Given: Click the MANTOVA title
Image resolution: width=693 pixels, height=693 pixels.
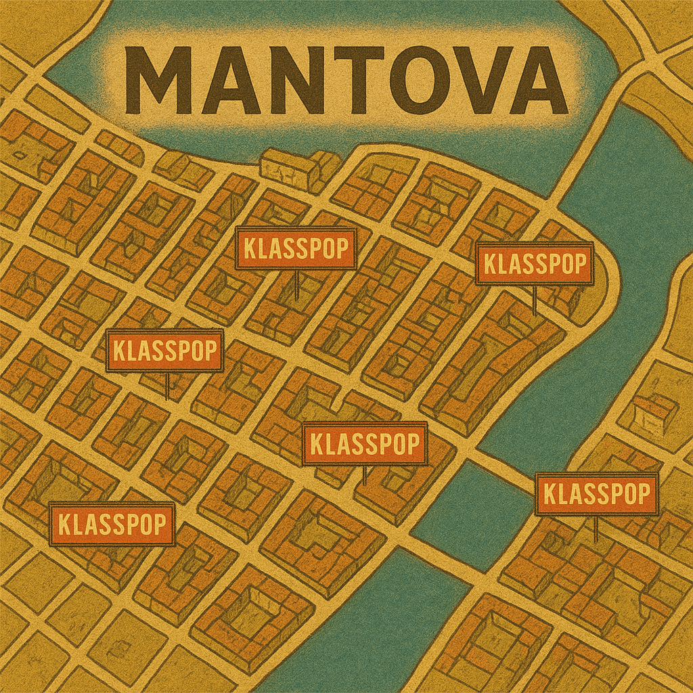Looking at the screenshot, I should [346, 80].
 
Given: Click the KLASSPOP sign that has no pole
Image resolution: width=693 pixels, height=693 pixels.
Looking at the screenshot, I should [112, 524].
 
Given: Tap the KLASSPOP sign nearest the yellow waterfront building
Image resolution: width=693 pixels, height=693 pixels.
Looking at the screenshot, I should [296, 249].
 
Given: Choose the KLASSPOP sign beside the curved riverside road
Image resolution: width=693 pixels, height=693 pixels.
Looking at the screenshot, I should [535, 263].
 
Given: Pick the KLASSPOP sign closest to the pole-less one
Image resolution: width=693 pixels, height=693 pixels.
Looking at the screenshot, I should [164, 351].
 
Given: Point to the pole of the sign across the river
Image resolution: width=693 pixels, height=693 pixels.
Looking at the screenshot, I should [596, 528].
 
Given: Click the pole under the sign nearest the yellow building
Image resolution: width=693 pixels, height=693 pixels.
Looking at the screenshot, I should [296, 284].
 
